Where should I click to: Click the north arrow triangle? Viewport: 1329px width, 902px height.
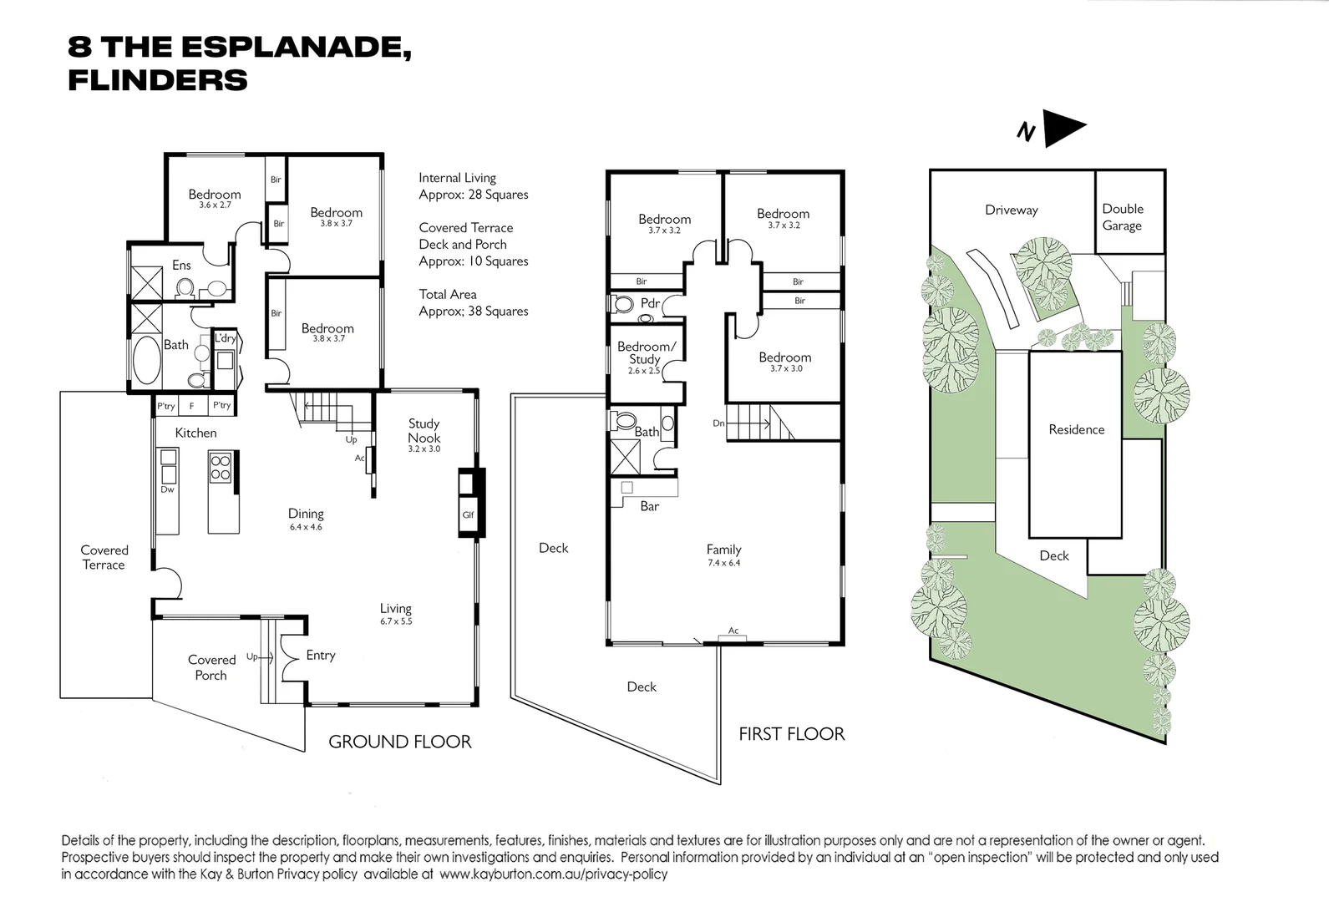(x=1062, y=128)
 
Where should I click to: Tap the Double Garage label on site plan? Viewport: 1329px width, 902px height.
(x=1122, y=217)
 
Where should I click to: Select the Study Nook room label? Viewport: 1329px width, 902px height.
(x=424, y=431)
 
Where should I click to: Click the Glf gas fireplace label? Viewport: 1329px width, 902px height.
(x=468, y=514)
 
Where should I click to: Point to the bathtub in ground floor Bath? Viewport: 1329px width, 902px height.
(x=146, y=360)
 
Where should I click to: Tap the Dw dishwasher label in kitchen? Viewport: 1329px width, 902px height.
(x=167, y=489)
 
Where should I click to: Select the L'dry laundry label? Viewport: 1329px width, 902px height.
(x=225, y=338)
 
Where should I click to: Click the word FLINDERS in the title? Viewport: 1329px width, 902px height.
(x=158, y=80)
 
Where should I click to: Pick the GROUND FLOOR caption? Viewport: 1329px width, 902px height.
(x=400, y=742)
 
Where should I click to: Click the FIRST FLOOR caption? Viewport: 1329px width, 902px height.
(x=791, y=734)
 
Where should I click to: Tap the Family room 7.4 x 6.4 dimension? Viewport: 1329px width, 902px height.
(x=724, y=563)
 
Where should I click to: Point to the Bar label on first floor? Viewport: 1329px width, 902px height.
(x=650, y=506)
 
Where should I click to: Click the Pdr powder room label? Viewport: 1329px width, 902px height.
(x=650, y=303)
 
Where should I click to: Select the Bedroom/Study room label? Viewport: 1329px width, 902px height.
(x=646, y=352)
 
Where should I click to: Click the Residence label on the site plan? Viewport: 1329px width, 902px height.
(x=1076, y=429)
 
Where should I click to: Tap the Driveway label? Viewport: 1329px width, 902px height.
(x=1011, y=210)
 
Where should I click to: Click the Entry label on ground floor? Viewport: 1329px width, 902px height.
(x=321, y=656)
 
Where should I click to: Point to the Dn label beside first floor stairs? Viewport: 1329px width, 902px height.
(x=718, y=423)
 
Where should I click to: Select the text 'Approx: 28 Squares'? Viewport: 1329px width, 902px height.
(x=474, y=195)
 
